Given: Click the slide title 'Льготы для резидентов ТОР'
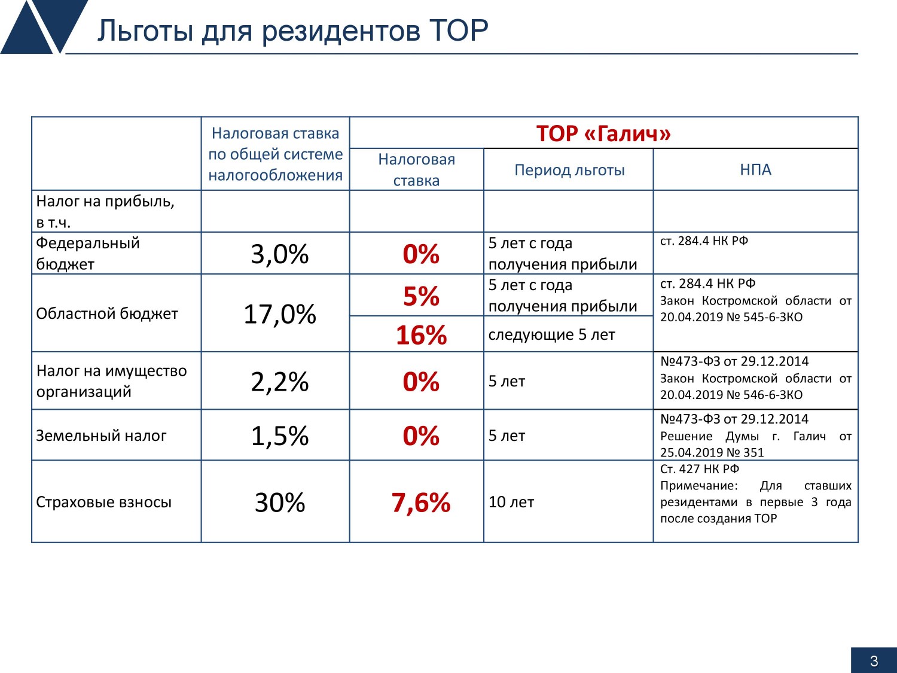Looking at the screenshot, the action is [292, 31].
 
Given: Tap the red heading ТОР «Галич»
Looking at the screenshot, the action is [603, 133].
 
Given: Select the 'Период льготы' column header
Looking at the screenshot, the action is [569, 170].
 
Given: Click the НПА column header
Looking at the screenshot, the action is [756, 169].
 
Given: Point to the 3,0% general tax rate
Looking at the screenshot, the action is [279, 254].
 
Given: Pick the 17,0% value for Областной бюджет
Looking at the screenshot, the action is [279, 314].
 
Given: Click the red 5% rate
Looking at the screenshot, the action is [421, 296].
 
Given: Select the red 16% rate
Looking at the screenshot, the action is [421, 335].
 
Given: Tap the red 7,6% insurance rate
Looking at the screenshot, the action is [421, 502].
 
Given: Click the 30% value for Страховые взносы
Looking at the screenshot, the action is [279, 502].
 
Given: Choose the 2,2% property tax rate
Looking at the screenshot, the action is [279, 382].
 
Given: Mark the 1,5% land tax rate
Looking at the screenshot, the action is [279, 436].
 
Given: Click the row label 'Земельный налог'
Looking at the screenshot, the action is [101, 436].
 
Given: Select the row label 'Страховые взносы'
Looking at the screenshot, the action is [104, 502].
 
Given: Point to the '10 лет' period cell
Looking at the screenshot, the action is [511, 502].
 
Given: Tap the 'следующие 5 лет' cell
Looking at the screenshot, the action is [552, 334].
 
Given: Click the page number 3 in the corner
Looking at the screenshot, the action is [874, 661].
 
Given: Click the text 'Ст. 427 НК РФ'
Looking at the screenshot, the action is [700, 468].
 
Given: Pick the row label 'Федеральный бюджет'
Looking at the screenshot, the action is [88, 254].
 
